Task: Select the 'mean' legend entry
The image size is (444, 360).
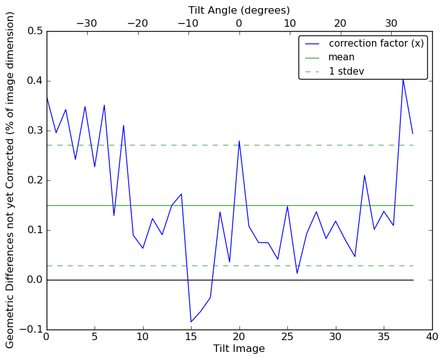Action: [x=341, y=57]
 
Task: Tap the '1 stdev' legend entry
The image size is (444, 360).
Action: [x=346, y=72]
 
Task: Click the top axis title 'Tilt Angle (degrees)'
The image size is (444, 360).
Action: [x=239, y=10]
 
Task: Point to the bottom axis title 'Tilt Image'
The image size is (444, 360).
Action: [x=239, y=349]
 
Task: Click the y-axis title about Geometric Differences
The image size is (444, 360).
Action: [x=11, y=180]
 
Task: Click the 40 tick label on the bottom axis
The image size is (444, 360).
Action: [x=432, y=338]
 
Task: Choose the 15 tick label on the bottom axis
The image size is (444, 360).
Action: [x=191, y=338]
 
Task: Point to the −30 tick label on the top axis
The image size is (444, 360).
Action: [x=86, y=23]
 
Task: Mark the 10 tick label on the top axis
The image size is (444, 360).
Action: [x=290, y=23]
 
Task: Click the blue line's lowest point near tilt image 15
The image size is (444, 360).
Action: [x=191, y=322]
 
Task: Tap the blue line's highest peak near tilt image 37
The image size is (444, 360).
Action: [x=403, y=78]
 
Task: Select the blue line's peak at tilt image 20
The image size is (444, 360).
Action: [x=239, y=141]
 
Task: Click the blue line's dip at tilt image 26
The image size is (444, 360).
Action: [x=297, y=273]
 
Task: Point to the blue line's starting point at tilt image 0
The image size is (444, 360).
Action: [x=47, y=96]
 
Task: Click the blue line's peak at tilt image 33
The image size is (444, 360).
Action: [x=364, y=175]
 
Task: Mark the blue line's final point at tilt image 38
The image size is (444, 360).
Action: [x=413, y=134]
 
